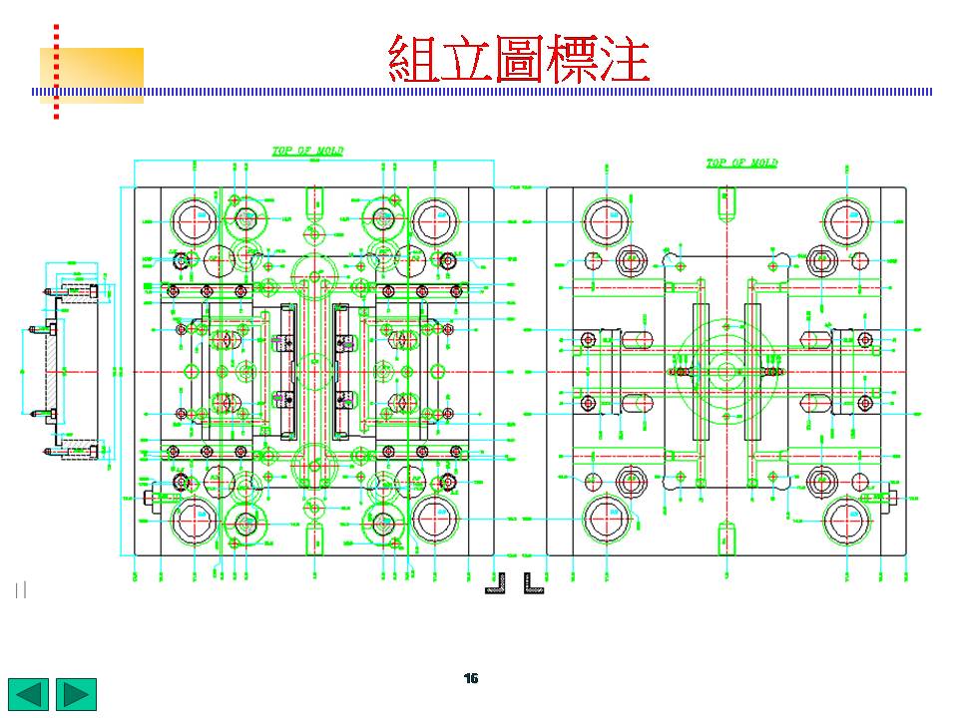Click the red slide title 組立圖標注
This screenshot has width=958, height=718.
(x=519, y=59)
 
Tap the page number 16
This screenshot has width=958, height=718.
(x=471, y=678)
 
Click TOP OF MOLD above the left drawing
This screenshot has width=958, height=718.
(x=308, y=152)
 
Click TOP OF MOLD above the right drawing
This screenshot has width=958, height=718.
(x=741, y=164)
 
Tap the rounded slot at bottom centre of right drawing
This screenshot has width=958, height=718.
(x=725, y=538)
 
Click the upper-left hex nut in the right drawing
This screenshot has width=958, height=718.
(x=631, y=261)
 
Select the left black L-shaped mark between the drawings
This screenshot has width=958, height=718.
(x=498, y=583)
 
